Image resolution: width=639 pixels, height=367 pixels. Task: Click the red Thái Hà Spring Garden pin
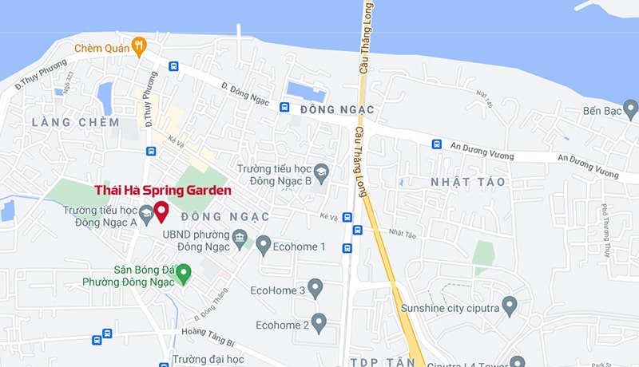click(x=161, y=211)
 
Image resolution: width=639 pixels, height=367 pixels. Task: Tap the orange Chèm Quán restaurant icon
click(x=140, y=46)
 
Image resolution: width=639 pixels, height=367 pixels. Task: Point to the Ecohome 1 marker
click(x=264, y=246)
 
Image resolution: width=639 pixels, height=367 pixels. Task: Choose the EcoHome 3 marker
click(x=316, y=288)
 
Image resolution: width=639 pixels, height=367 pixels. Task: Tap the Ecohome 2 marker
click(x=319, y=323)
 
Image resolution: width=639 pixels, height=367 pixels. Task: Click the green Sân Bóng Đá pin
click(x=184, y=274)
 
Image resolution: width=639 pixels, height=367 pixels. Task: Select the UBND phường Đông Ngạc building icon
click(x=239, y=237)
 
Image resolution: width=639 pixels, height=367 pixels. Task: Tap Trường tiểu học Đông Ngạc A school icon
click(x=146, y=213)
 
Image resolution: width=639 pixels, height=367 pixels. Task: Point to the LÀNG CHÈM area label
click(x=76, y=122)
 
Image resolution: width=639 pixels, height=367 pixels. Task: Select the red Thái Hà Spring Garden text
click(x=163, y=191)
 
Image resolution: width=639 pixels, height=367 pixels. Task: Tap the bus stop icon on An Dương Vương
click(x=437, y=144)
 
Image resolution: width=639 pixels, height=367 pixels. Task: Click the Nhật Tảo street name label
click(x=403, y=234)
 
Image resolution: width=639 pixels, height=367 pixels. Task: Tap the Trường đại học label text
click(x=208, y=360)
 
